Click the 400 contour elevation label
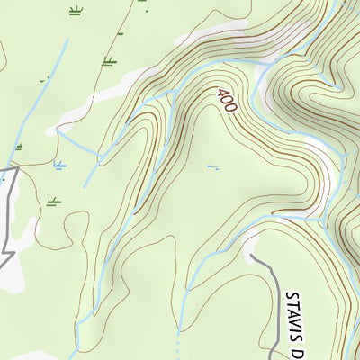(x=226, y=99)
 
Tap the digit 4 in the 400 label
(x=220, y=92)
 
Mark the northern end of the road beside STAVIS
(x=250, y=257)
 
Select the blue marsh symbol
(x=59, y=166)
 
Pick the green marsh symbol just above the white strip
(x=109, y=61)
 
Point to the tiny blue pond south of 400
(x=212, y=166)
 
